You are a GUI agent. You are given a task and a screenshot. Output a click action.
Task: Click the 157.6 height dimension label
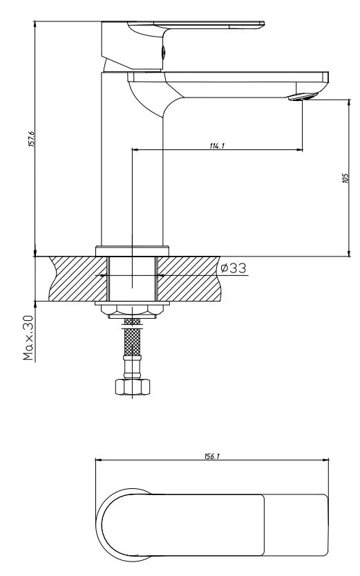[31, 139]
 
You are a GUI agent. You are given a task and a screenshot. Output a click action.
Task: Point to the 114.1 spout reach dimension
[217, 145]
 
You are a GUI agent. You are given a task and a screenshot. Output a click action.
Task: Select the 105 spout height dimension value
[345, 178]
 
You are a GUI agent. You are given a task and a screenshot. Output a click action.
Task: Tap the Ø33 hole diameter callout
[233, 268]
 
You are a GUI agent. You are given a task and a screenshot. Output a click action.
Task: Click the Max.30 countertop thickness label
[28, 337]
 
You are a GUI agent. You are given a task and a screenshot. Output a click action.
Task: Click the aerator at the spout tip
[303, 97]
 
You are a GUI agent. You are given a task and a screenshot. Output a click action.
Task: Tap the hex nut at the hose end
[133, 387]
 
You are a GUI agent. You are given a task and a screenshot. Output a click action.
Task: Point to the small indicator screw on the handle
[163, 51]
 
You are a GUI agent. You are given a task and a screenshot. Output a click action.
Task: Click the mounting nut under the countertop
[133, 310]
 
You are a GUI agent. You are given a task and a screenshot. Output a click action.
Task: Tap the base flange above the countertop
[132, 251]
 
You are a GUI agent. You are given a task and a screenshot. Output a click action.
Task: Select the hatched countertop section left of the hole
[78, 279]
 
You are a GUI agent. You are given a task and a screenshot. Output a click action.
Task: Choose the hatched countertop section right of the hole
[188, 279]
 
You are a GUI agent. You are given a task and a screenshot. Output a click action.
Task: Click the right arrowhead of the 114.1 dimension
[300, 150]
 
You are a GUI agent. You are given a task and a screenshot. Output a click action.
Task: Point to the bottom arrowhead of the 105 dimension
[349, 253]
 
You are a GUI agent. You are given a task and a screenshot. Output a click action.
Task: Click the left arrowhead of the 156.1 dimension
[99, 460]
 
